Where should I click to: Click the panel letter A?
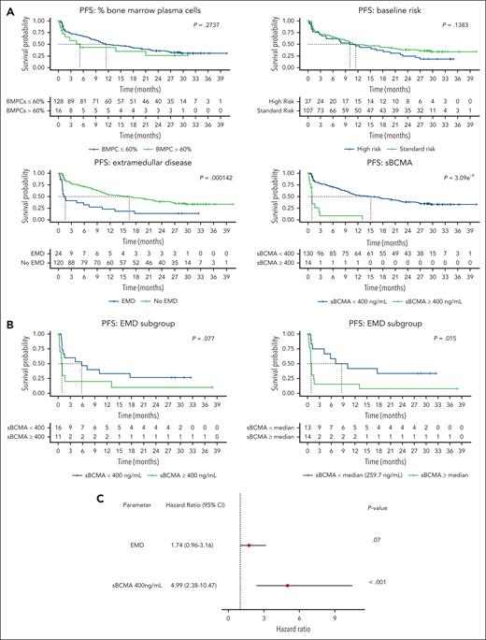pyautogui.click(x=6, y=7)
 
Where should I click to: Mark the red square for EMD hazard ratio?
pyautogui.click(x=250, y=545)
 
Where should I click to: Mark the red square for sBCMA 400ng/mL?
pyautogui.click(x=288, y=585)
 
